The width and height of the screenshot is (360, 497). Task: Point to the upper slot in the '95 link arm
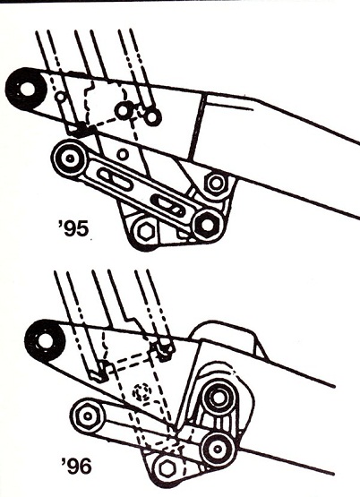(x=114, y=176)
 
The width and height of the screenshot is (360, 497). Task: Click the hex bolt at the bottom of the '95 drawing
(x=143, y=234)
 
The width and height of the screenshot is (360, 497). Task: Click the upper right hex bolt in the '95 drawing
(x=215, y=184)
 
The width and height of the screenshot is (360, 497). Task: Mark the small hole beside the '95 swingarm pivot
(x=59, y=96)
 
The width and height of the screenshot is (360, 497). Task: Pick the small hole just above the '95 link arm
(x=122, y=153)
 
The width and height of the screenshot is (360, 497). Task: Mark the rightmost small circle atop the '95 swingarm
(x=152, y=116)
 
